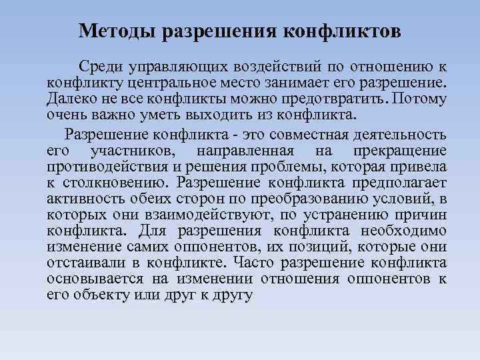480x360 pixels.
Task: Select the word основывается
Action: coord(94,279)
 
